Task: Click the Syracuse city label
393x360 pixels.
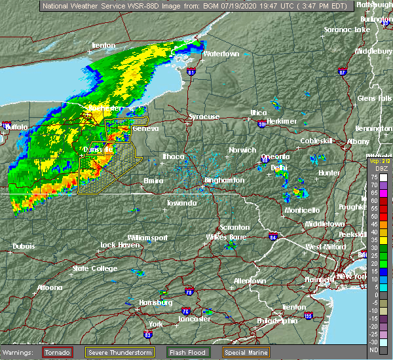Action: click(204, 117)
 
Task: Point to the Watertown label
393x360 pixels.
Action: click(221, 54)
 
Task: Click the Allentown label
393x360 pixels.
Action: click(250, 281)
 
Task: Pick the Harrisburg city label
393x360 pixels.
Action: click(155, 302)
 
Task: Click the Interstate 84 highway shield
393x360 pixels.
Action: click(273, 236)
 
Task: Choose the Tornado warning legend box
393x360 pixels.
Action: click(57, 352)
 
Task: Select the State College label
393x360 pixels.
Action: click(90, 268)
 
